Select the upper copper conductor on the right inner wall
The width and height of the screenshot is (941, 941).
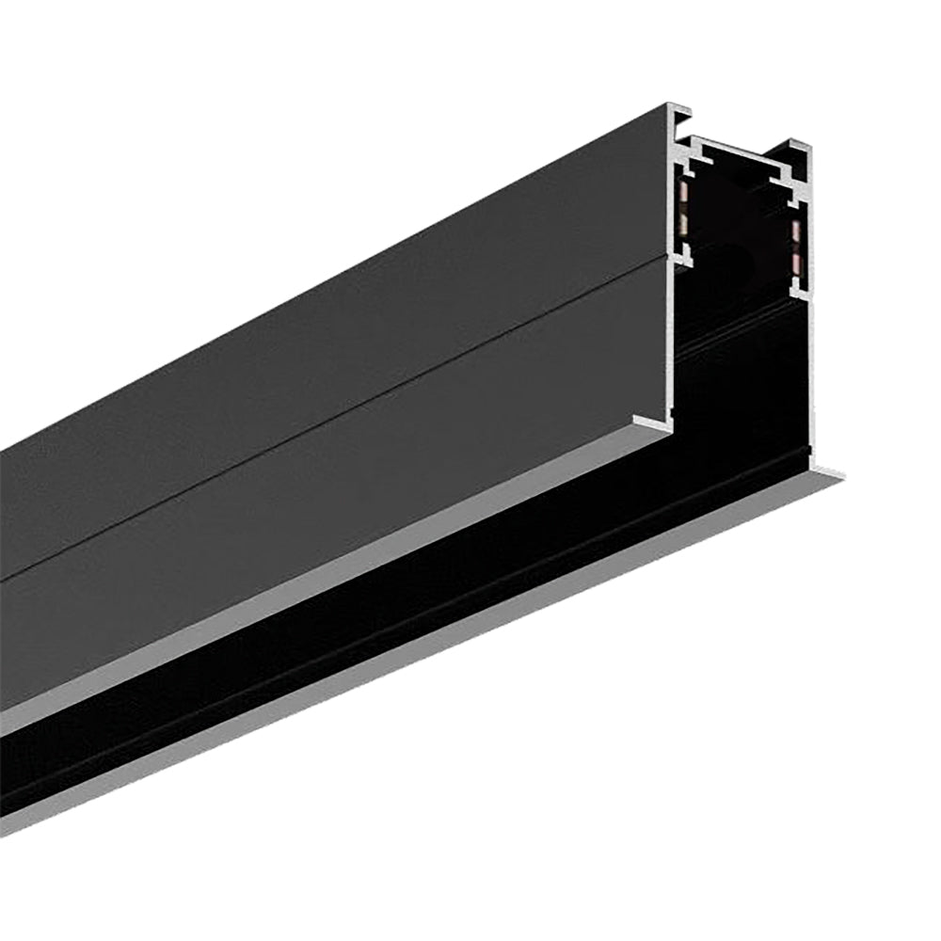(796, 231)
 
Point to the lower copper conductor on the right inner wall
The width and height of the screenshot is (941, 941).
(796, 261)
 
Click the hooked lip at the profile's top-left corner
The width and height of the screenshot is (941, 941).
(680, 112)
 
